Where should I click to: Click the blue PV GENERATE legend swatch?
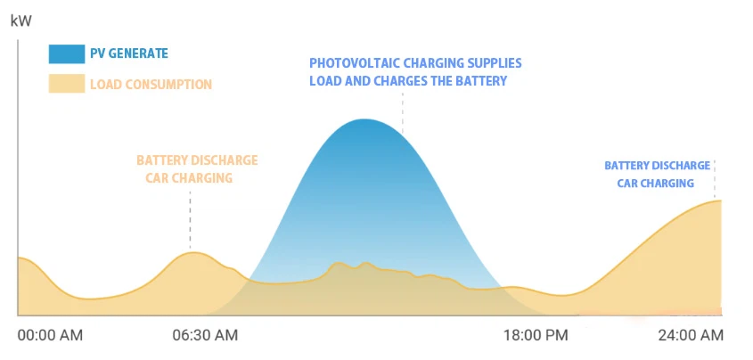[x=65, y=53]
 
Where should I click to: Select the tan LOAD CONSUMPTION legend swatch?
[x=65, y=85]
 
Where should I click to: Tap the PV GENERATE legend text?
[x=128, y=53]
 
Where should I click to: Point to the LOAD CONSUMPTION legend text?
[x=151, y=85]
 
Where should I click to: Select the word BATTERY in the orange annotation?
[x=161, y=160]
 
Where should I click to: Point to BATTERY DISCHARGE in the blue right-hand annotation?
[x=657, y=166]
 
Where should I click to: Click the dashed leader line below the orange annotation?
[x=190, y=218]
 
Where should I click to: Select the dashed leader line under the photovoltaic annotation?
[x=403, y=111]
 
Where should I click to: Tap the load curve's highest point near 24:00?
[x=717, y=200]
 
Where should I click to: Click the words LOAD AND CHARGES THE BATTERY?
[x=408, y=81]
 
